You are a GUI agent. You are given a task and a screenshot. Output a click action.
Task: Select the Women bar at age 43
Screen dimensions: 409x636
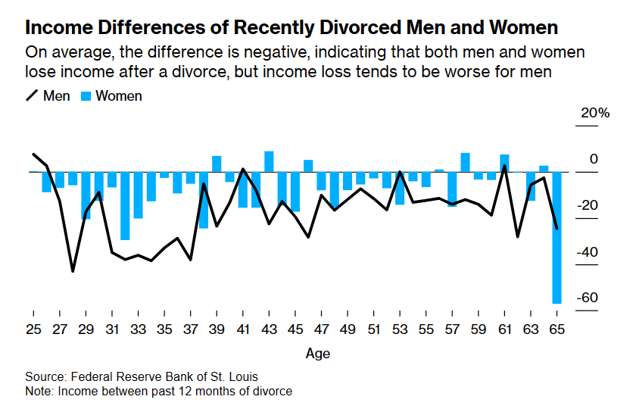coord(269,161)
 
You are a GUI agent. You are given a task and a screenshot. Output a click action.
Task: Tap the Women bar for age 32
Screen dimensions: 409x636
coord(125,205)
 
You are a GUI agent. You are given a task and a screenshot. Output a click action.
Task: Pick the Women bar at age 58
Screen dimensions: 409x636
coord(465,162)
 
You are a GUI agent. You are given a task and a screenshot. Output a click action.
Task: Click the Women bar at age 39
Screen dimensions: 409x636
coord(217,164)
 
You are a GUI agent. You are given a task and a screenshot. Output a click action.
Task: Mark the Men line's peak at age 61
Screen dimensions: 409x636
coord(504,166)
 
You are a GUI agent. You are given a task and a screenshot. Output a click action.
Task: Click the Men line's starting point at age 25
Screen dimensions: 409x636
coord(34,154)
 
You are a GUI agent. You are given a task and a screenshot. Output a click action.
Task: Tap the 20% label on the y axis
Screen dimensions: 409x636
coord(594,113)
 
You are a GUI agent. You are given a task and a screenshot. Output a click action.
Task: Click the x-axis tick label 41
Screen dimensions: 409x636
coord(242,330)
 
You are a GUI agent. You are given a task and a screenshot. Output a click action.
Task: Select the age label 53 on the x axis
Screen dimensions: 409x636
coord(400,330)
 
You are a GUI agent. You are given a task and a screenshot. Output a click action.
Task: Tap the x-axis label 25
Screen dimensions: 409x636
coord(33,330)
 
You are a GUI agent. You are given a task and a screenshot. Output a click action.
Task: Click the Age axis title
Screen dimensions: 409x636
coord(317,354)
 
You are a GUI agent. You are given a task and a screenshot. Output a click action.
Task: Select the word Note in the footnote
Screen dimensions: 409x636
coord(39,391)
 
